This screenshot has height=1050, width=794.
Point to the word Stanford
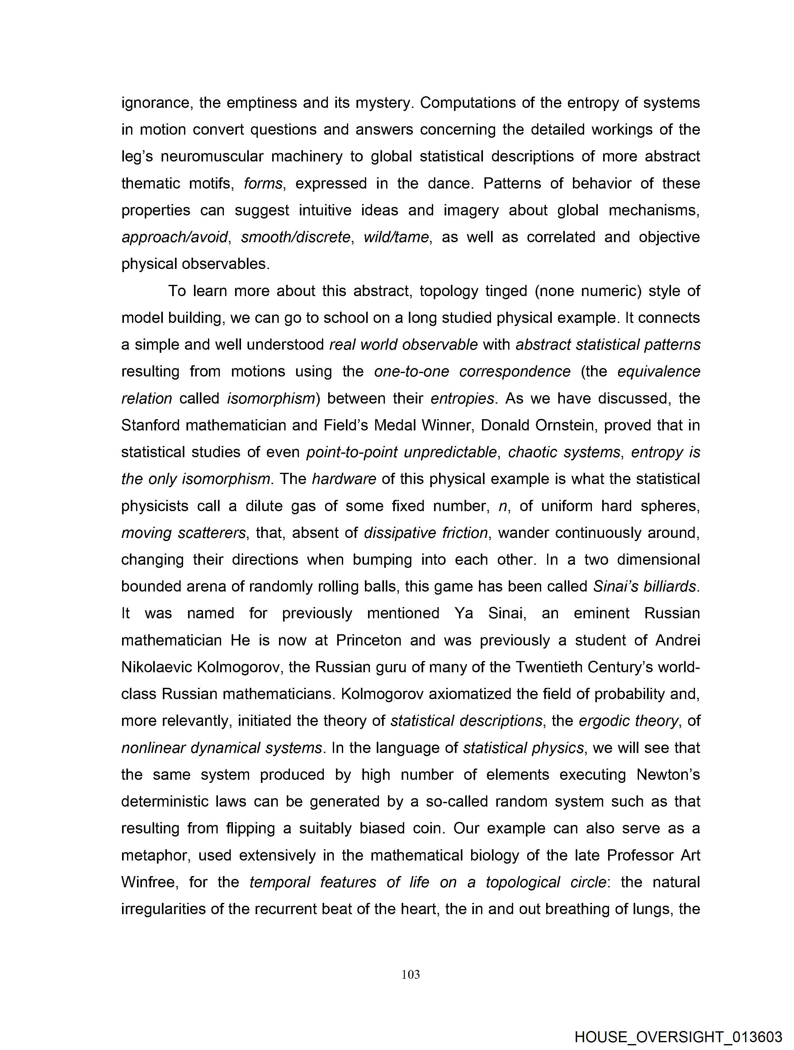tap(150, 425)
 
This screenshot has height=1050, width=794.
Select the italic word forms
tap(263, 184)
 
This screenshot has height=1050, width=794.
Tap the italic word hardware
tap(344, 479)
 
